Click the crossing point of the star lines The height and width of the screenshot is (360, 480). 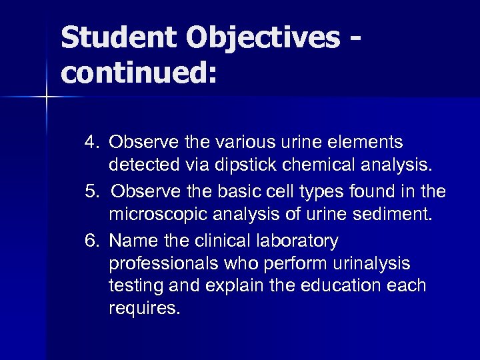(47, 98)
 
